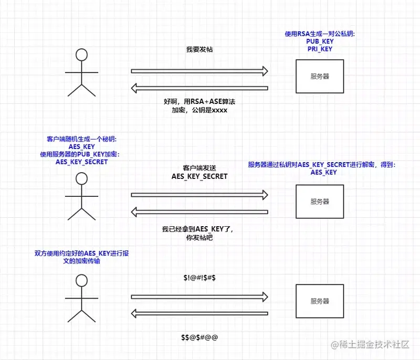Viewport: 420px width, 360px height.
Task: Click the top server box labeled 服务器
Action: coord(319,77)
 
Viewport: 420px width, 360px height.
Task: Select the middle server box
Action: coord(319,202)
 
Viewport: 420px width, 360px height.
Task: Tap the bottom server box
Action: coord(319,301)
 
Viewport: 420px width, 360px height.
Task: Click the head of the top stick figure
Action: coord(81,55)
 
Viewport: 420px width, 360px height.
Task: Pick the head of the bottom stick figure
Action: coord(81,280)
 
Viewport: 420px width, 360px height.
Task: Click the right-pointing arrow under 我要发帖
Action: coord(199,71)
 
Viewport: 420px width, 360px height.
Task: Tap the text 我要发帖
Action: coord(199,49)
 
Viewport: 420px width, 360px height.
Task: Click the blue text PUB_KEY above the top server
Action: coord(320,41)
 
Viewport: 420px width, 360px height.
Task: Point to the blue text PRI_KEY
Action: coord(320,49)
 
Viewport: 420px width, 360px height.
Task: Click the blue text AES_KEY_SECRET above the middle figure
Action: coord(81,162)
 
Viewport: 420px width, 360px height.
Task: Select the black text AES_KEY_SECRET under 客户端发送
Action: coord(199,176)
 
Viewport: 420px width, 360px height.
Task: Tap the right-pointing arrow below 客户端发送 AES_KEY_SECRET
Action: coord(199,195)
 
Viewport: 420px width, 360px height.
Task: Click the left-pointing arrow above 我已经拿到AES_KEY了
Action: coord(199,211)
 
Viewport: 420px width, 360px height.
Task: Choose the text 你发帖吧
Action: coord(199,238)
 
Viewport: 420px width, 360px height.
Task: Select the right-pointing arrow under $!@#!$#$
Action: coord(199,297)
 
